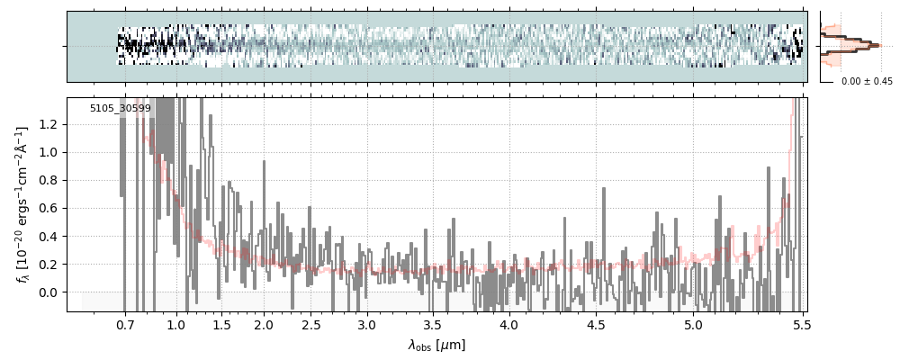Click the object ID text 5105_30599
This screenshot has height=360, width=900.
(120, 109)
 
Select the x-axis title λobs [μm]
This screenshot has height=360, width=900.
(436, 346)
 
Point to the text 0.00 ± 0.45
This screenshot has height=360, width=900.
(867, 82)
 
